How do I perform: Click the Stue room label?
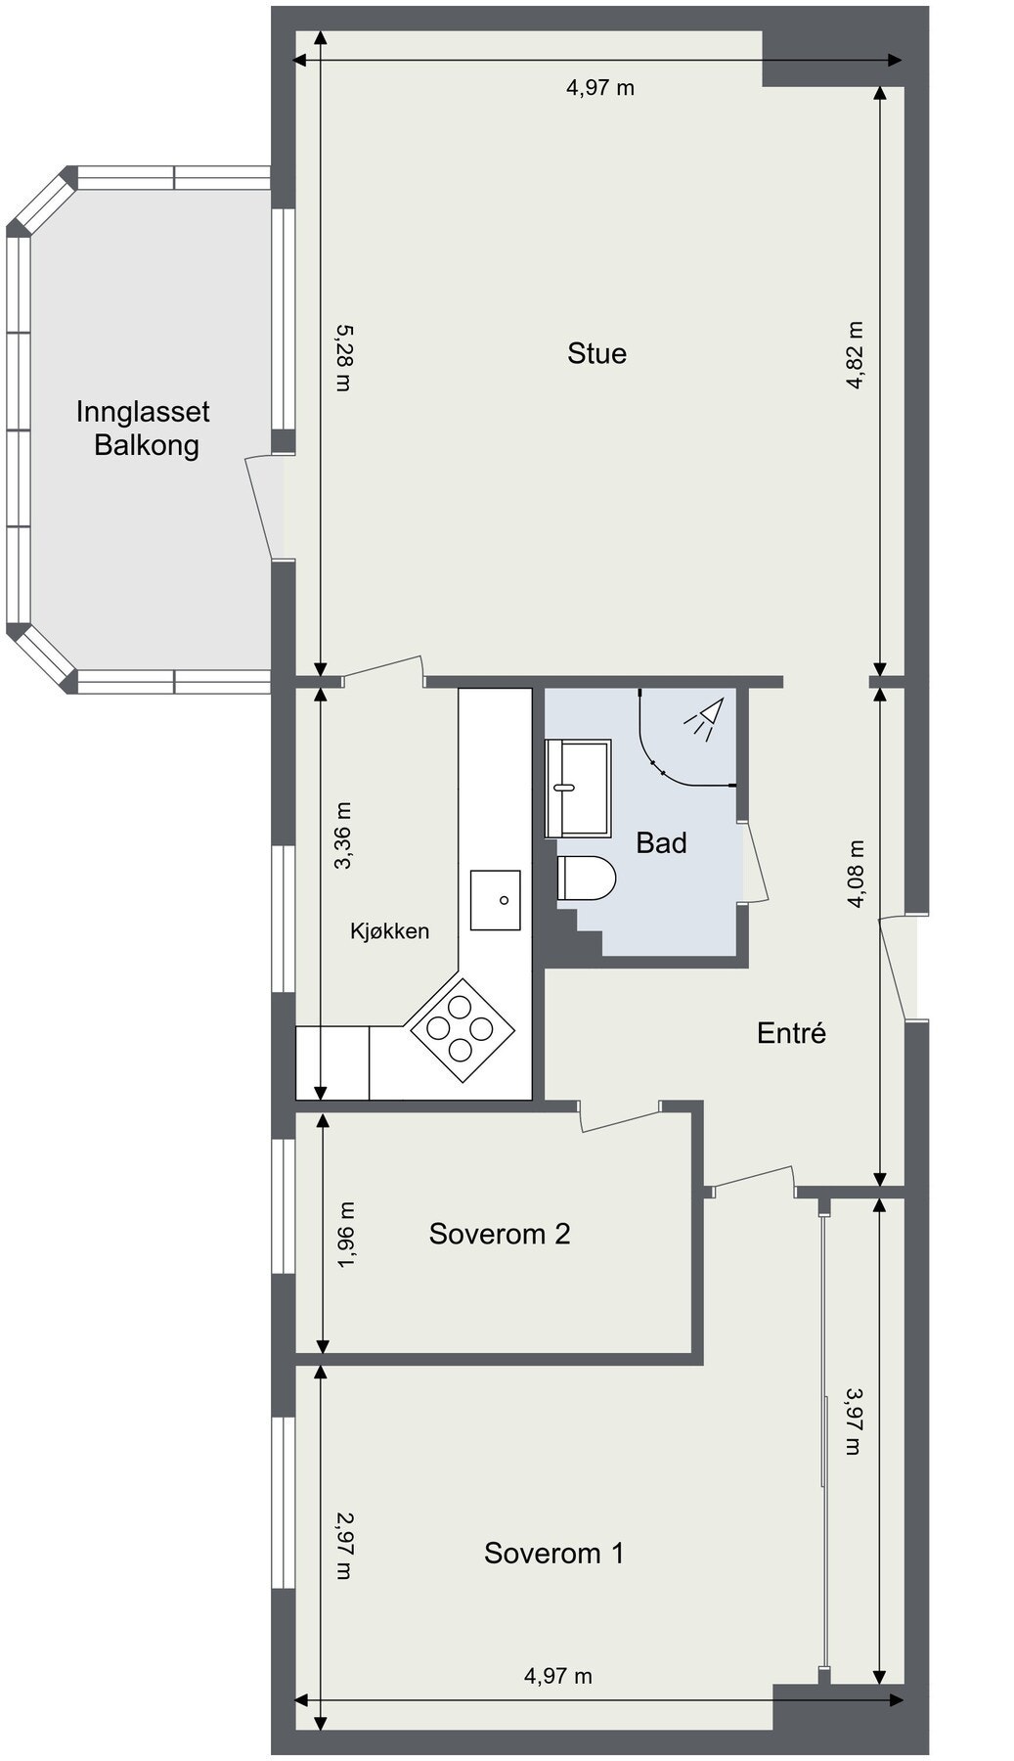[596, 353]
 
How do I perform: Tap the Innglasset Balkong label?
[144, 429]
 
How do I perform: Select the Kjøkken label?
[390, 930]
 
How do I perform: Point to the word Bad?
[661, 842]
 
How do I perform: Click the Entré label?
[792, 1032]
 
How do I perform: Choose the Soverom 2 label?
[500, 1234]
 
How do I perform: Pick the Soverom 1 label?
[553, 1553]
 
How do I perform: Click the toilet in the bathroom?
[586, 879]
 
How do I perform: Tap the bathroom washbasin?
[578, 789]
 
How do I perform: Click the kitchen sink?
[496, 899]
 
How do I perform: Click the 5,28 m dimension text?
[342, 358]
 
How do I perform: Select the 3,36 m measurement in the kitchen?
[342, 835]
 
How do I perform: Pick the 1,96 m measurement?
[346, 1236]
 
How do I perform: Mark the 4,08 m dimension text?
[857, 874]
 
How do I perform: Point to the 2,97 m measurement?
[342, 1546]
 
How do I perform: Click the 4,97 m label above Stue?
[600, 87]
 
